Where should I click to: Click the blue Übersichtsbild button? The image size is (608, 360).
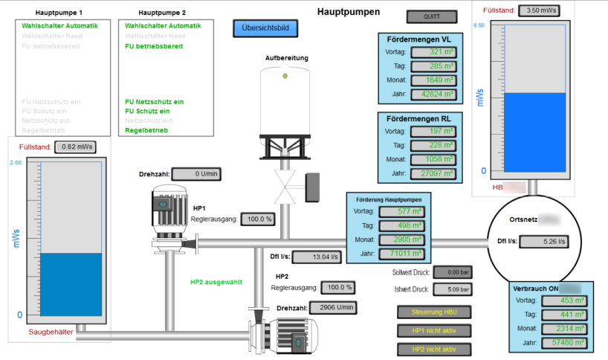(x=265, y=29)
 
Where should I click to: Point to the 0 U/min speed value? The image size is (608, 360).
(x=198, y=174)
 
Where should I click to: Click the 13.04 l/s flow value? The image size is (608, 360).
(x=316, y=257)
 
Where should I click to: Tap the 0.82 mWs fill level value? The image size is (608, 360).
(x=77, y=147)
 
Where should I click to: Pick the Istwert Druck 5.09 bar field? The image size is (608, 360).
(x=450, y=289)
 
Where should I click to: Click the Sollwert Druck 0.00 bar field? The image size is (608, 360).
(x=450, y=272)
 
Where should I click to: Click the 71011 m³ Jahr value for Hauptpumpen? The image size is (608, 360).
(x=402, y=254)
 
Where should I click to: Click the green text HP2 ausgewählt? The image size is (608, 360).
(x=216, y=282)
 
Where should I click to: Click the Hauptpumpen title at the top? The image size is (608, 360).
(x=348, y=12)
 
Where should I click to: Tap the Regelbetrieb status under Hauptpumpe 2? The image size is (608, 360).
(x=146, y=130)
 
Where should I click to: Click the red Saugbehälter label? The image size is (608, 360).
(x=51, y=332)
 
